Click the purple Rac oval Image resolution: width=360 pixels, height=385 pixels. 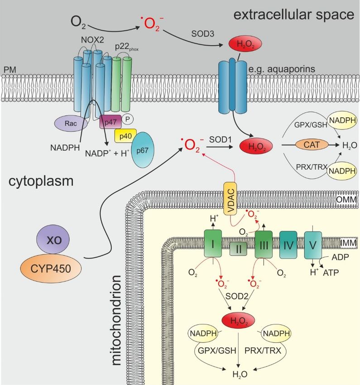click(x=71, y=123)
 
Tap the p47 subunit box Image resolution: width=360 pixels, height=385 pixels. click(x=110, y=122)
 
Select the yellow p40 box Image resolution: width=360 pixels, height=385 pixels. click(x=125, y=136)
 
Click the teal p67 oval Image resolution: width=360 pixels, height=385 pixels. click(x=143, y=150)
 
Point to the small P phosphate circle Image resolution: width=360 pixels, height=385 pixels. click(x=127, y=119)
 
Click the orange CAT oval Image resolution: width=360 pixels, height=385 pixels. click(x=312, y=144)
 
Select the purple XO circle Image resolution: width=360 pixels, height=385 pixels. click(x=53, y=240)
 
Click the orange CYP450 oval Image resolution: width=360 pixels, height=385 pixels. click(x=51, y=269)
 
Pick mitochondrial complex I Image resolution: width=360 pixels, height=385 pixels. click(x=213, y=244)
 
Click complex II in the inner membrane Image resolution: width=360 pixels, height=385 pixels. click(x=238, y=249)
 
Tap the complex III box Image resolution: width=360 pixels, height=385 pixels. click(x=264, y=245)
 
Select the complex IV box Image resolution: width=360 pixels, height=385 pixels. click(x=288, y=245)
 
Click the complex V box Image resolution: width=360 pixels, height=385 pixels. click(x=313, y=245)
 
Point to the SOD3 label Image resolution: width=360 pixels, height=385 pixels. click(x=203, y=34)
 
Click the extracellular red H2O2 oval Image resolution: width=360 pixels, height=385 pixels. click(x=245, y=44)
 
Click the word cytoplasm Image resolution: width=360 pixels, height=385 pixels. click(x=41, y=182)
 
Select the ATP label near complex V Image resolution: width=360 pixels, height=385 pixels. click(x=331, y=273)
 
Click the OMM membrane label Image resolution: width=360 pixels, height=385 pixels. click(x=346, y=199)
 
